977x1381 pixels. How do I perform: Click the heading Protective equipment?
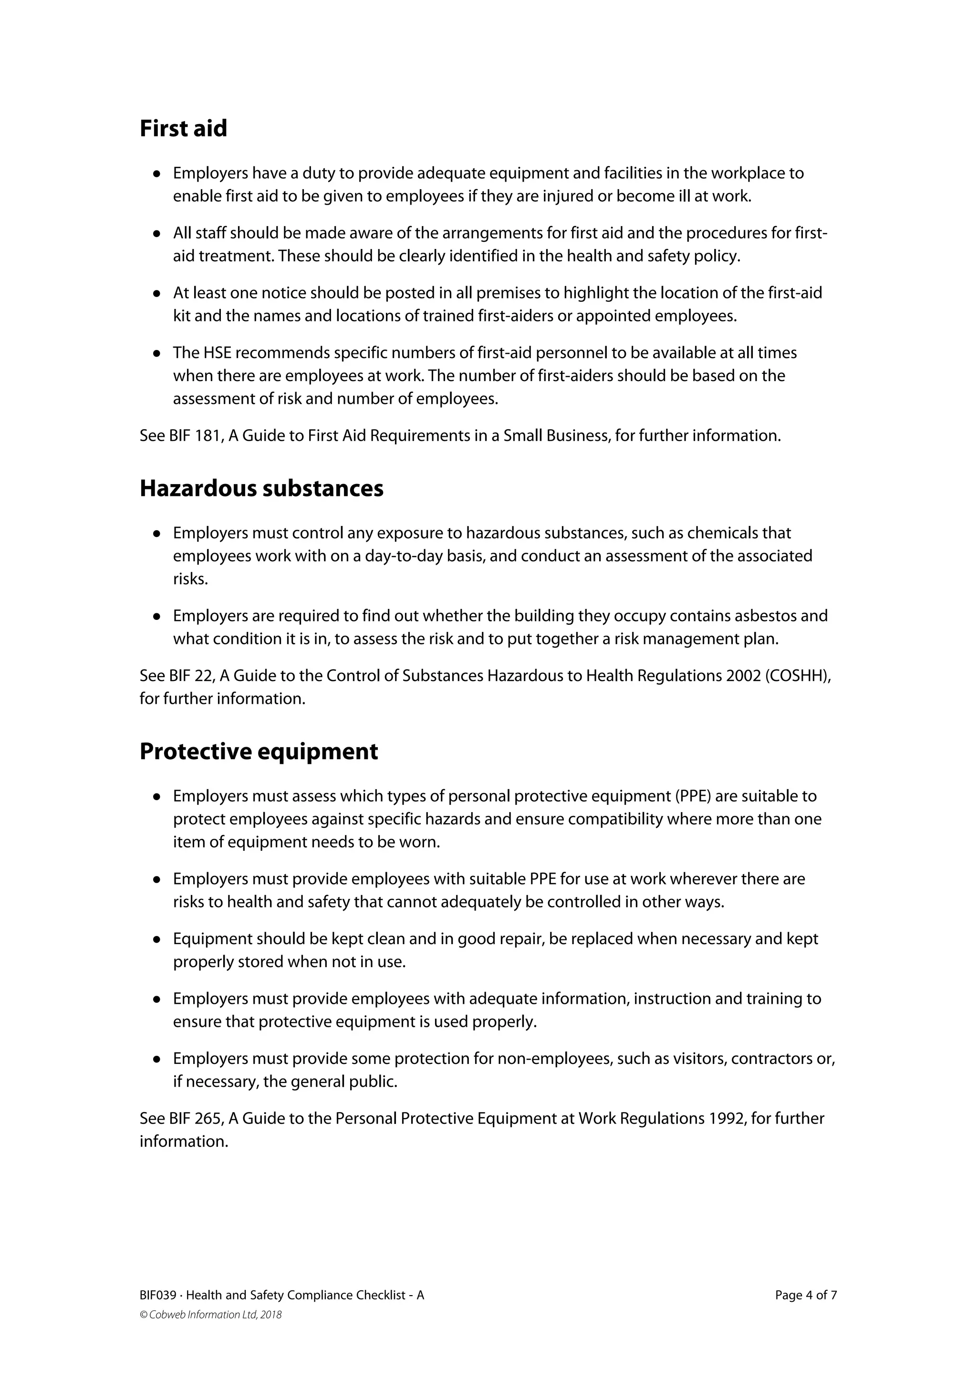[259, 752]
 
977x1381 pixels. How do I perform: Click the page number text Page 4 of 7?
[806, 1296]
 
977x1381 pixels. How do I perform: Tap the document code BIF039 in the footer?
[157, 1296]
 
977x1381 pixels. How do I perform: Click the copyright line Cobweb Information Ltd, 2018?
[210, 1315]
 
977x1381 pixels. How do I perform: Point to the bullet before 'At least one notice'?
[157, 294]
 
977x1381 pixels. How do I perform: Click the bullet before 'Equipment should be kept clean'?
[157, 939]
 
